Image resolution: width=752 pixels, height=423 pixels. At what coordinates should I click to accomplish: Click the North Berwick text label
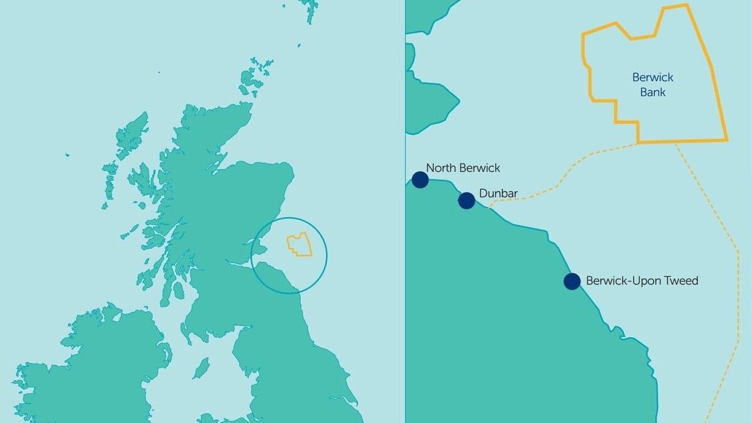(463, 168)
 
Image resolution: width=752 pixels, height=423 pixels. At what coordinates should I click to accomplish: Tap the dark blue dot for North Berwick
(420, 180)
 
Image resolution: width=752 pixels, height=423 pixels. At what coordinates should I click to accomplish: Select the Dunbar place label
(498, 194)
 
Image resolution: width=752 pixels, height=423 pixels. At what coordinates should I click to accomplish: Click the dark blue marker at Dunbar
(466, 201)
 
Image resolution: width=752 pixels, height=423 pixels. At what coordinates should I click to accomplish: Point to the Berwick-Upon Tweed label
(642, 281)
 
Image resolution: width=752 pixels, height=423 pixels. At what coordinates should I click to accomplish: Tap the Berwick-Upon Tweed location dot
(572, 281)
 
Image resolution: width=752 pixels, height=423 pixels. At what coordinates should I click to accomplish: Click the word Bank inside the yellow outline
(652, 92)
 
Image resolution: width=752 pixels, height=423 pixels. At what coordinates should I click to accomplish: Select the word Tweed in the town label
(682, 281)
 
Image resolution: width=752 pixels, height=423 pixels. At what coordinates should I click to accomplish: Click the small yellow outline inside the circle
(300, 244)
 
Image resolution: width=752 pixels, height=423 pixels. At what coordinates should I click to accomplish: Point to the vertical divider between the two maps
(405, 251)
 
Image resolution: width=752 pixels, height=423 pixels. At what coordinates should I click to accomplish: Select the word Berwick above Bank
(652, 78)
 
